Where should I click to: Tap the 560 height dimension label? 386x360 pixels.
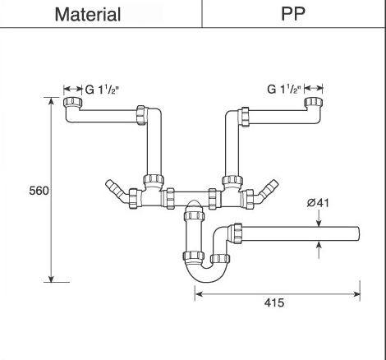38,191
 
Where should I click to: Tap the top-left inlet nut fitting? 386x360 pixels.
71,104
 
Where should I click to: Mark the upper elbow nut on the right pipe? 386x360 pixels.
246,116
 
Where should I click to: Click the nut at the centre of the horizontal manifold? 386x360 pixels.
168,197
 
